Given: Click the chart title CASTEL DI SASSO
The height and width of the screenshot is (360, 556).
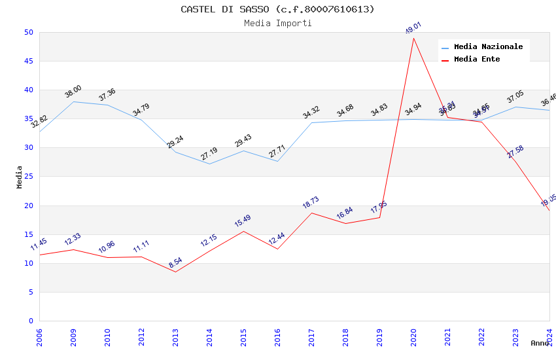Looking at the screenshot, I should click(277, 9).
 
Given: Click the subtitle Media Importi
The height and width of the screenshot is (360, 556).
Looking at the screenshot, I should click(277, 24).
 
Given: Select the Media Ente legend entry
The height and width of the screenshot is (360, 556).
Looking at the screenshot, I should click(477, 60).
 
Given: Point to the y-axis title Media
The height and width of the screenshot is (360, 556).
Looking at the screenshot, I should click(20, 177).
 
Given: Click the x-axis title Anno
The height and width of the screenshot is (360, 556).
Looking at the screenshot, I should click(540, 343).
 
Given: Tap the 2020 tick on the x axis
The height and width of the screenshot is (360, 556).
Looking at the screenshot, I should click(413, 338).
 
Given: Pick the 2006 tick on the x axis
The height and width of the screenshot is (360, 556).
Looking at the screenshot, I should click(39, 338).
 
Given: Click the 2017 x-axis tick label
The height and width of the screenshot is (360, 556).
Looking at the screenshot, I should click(311, 338).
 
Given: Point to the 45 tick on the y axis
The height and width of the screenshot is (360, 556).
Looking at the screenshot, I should click(28, 62).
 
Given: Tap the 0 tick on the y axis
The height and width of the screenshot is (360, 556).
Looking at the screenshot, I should click(31, 321).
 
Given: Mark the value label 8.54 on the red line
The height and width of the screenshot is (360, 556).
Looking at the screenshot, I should click(175, 262).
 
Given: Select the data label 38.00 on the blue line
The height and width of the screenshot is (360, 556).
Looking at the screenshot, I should click(73, 92).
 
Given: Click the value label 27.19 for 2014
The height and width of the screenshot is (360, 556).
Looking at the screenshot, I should click(209, 154).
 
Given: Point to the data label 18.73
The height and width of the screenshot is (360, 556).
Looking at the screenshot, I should click(311, 203).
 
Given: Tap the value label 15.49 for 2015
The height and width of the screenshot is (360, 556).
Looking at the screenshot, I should click(243, 221).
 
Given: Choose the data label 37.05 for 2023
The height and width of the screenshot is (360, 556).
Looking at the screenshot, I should click(515, 97).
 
